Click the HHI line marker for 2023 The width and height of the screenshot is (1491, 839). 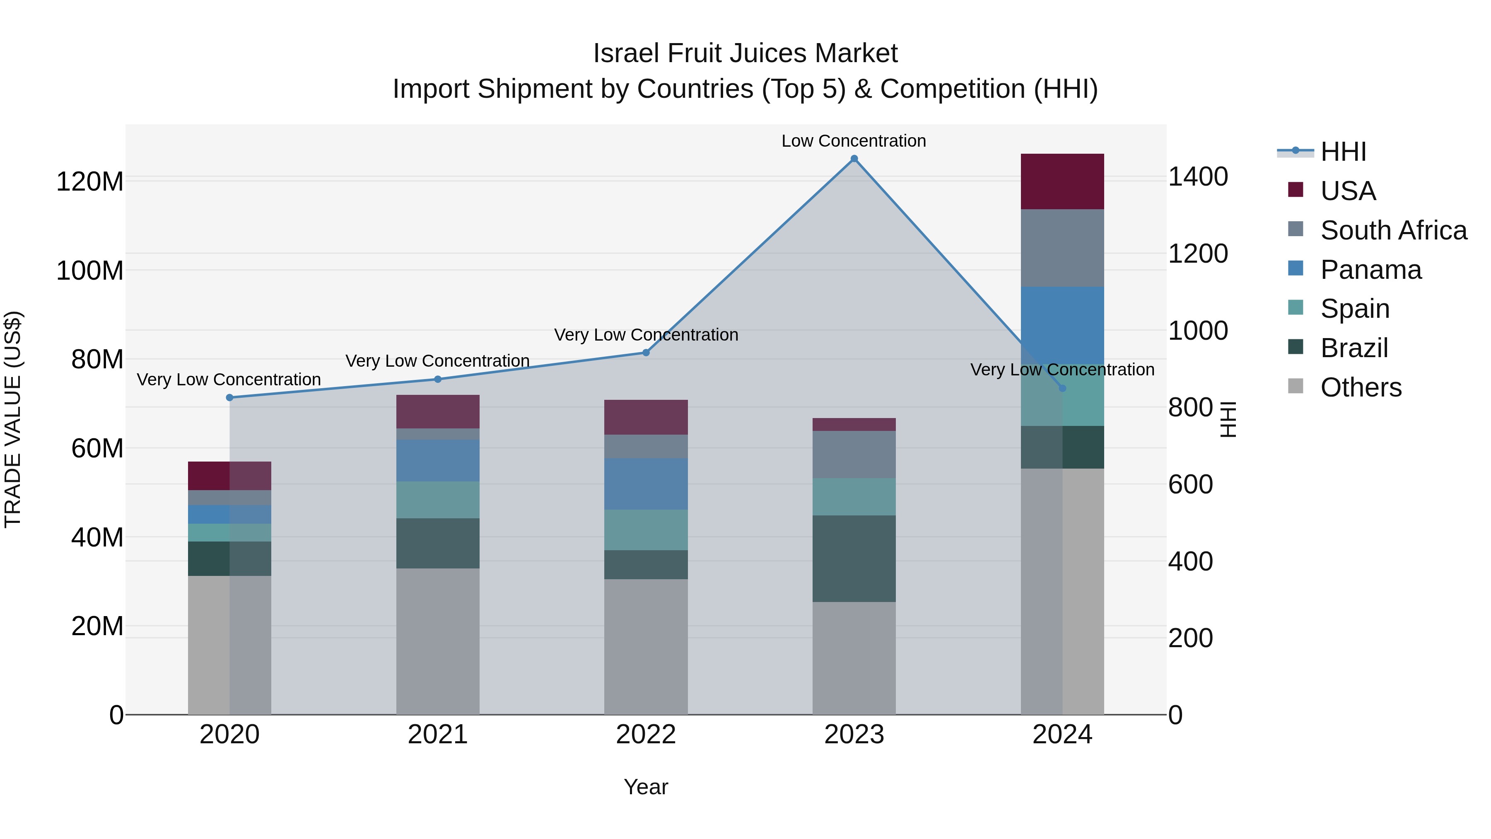coord(854,159)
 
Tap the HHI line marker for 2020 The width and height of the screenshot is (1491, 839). coord(230,397)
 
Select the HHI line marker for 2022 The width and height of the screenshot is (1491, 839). coord(646,353)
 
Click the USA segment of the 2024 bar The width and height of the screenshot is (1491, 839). coord(1062,181)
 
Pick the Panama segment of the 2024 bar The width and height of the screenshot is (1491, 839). coord(1062,325)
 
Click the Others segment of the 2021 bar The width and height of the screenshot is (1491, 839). coord(438,641)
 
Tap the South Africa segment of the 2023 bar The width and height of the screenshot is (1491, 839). coord(854,454)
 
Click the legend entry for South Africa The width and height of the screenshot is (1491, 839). coord(1393,230)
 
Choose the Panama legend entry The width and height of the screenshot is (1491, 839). coord(1370,270)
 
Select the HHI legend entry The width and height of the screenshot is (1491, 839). coord(1343,152)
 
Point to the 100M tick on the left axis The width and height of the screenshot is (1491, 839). coord(90,271)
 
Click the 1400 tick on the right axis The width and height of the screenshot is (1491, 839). coord(1197,177)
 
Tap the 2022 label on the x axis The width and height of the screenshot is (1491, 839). coord(646,735)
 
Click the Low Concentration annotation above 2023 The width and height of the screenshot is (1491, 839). coord(854,141)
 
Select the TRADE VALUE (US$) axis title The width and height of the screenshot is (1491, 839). coord(13,419)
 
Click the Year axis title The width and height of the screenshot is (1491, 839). coord(646,787)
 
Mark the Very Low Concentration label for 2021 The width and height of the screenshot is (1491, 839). coord(438,361)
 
